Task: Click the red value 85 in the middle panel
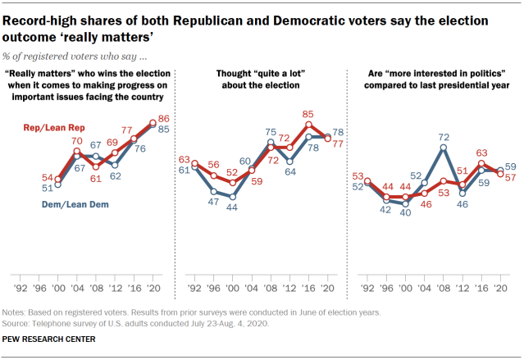pos(308,114)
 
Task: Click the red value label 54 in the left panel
pos(48,178)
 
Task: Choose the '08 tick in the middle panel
pos(270,289)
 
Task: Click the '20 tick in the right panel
pos(501,289)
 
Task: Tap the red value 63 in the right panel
pos(482,152)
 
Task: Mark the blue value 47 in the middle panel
pos(214,201)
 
